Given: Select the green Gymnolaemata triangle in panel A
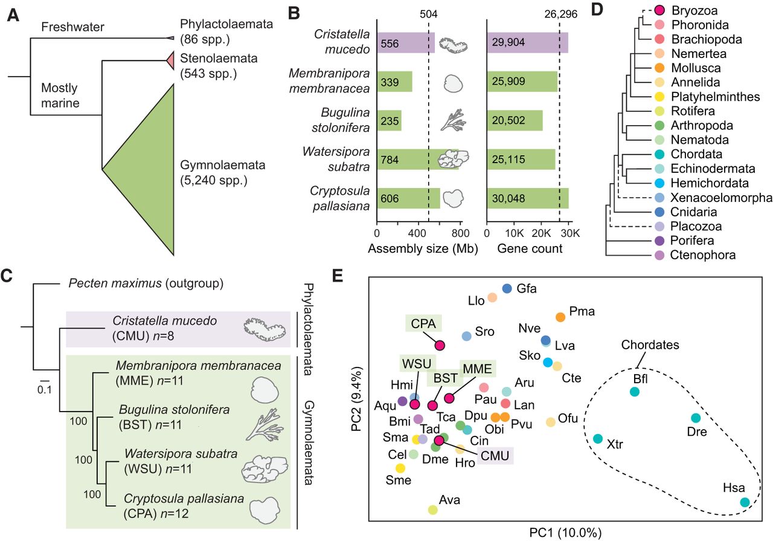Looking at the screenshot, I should pos(151,169).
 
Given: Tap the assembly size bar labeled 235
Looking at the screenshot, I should pos(389,120).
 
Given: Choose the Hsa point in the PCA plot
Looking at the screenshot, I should pos(745,502).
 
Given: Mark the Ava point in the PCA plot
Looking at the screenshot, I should pos(432,510).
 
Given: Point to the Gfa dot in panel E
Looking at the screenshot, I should pos(507,289).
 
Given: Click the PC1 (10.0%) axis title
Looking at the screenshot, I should pos(566,533).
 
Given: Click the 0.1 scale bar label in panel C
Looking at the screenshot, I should pos(45,389).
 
